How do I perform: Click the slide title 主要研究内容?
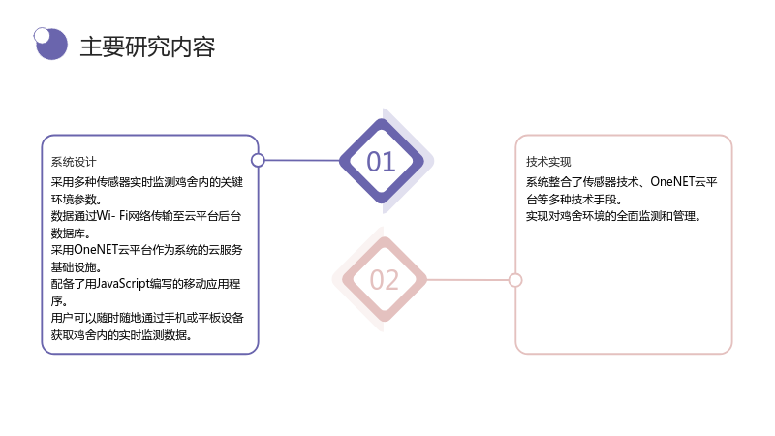147,47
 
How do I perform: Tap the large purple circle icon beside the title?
52,45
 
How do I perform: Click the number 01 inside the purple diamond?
381,162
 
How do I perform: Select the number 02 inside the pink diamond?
384,280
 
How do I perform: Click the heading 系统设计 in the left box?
74,162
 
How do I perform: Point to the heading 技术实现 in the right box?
548,162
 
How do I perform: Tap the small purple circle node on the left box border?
258,160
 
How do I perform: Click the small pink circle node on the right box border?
515,280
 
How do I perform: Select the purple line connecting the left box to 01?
302,160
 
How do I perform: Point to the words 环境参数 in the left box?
74,200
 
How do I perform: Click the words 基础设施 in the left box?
74,267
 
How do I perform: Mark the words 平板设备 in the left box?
221,318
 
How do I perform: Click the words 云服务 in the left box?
226,250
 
